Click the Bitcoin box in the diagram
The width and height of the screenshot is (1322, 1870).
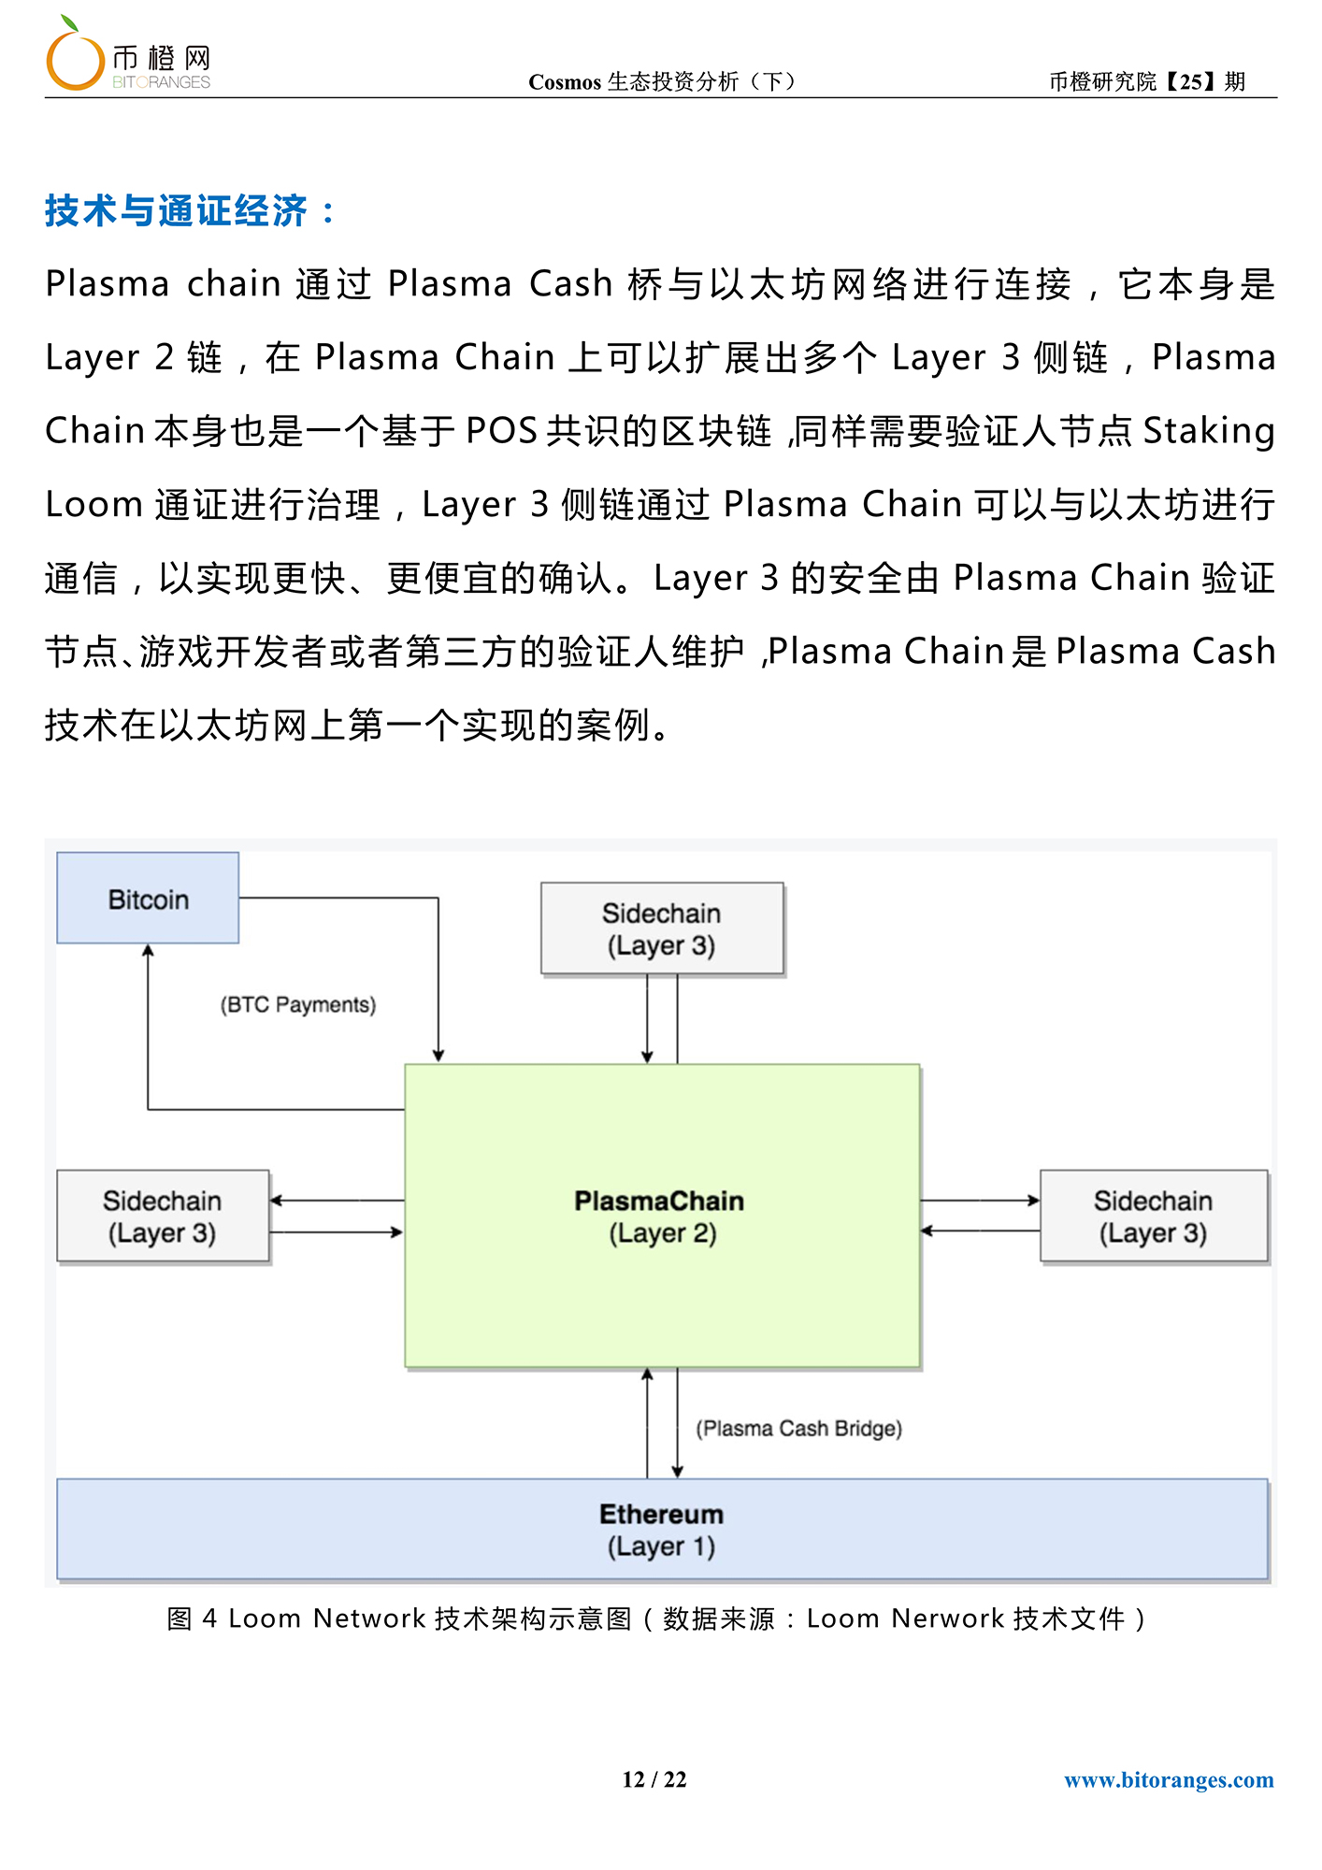(x=148, y=898)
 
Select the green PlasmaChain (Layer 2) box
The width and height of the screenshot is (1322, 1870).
(x=662, y=1215)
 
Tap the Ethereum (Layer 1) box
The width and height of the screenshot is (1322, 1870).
(x=662, y=1530)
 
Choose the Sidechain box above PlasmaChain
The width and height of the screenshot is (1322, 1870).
(x=662, y=928)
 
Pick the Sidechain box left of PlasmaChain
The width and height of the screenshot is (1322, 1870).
(x=163, y=1216)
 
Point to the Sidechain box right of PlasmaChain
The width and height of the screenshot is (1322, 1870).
(x=1154, y=1216)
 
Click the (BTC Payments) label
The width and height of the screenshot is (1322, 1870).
(x=298, y=1005)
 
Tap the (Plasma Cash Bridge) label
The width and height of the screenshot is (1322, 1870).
(x=799, y=1429)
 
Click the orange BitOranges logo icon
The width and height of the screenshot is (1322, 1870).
(x=74, y=56)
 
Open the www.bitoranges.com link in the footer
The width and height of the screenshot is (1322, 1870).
(x=1169, y=1779)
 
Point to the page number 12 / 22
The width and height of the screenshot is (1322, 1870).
(x=654, y=1779)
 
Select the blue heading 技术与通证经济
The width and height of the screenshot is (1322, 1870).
(x=177, y=211)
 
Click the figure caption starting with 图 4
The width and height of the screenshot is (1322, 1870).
(x=657, y=1618)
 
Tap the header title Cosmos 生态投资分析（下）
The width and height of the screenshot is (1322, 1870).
(x=663, y=81)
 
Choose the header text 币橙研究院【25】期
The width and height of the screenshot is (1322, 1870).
(x=1147, y=81)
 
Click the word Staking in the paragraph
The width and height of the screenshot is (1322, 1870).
(x=1209, y=431)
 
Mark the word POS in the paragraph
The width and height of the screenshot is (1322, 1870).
(x=501, y=431)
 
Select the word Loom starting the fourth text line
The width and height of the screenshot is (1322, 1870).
(x=93, y=505)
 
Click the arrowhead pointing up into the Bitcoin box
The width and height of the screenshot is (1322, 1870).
(x=148, y=950)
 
